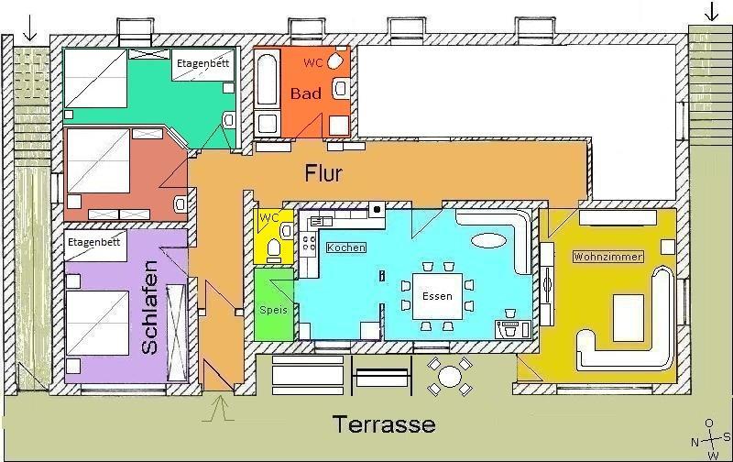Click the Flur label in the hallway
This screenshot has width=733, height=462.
pos(323,173)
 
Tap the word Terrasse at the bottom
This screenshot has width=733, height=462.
pos(384,424)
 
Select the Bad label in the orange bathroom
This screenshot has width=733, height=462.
pos(306,93)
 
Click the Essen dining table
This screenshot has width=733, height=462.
pos(437,296)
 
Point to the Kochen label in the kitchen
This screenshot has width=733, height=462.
pos(346,247)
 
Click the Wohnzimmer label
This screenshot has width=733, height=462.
pos(607,257)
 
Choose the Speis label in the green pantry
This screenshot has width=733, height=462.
pos(273,310)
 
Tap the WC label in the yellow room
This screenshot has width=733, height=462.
pos(268,217)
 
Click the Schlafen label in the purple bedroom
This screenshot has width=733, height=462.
pos(150,307)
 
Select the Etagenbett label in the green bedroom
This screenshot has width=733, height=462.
pos(202,63)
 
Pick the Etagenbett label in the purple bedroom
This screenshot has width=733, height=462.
pos(94,242)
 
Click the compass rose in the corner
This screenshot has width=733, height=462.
pos(711,440)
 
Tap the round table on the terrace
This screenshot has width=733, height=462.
pos(450,376)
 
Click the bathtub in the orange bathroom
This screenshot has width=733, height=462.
pos(268,80)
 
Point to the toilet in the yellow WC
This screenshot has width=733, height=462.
pos(273,250)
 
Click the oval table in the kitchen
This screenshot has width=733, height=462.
pos(488,240)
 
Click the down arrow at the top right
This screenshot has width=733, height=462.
pos(711,11)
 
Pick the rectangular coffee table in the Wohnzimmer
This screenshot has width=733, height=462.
pos(629,317)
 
